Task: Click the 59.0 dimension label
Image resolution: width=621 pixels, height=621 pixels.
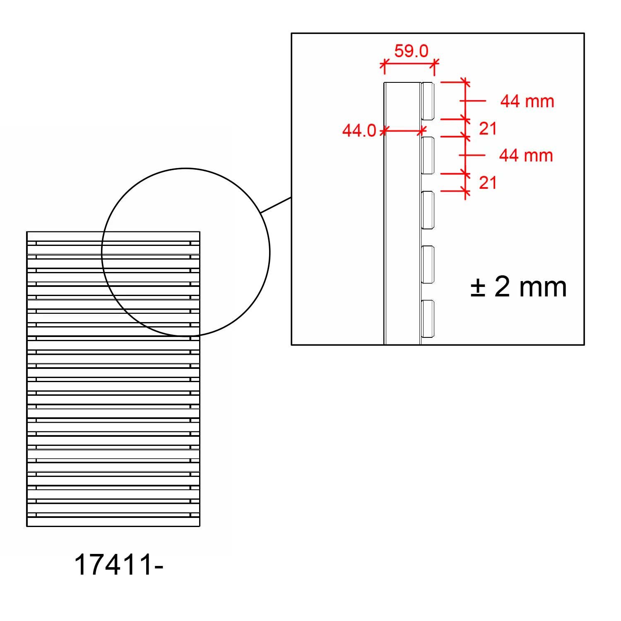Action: (x=411, y=51)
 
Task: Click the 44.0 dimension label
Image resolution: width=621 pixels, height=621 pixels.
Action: (x=359, y=130)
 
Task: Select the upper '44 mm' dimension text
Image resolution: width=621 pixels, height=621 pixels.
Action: (x=527, y=101)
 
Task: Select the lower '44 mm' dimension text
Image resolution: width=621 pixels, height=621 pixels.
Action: (x=526, y=156)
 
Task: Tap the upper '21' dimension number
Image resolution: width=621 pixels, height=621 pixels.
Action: (x=488, y=129)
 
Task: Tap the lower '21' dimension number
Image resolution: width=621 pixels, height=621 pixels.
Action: (x=488, y=183)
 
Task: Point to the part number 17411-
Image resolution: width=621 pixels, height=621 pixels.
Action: (x=119, y=565)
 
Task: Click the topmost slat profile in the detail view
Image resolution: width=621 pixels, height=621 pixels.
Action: (x=428, y=101)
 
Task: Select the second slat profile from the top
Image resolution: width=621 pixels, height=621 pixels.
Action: (x=428, y=155)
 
